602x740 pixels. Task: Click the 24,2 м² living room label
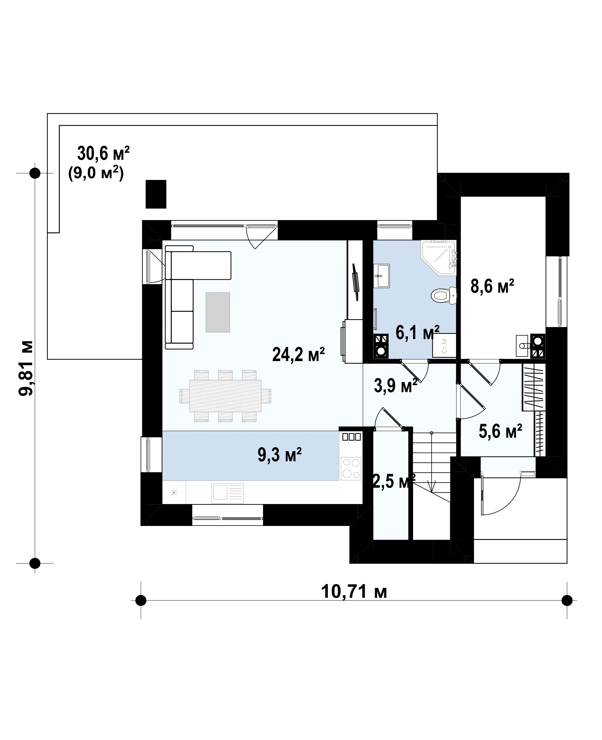point(298,354)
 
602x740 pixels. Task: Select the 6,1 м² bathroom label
point(417,332)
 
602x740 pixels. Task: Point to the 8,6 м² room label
point(492,286)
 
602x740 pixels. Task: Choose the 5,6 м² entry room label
point(500,431)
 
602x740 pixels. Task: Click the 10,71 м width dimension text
point(354,591)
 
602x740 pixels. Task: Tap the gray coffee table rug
point(218,312)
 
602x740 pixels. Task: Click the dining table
point(225,396)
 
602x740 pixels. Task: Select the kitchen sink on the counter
point(228,493)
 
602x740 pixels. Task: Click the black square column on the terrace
point(156,194)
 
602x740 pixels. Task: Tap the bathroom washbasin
point(381,276)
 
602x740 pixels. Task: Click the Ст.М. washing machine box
point(444,345)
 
